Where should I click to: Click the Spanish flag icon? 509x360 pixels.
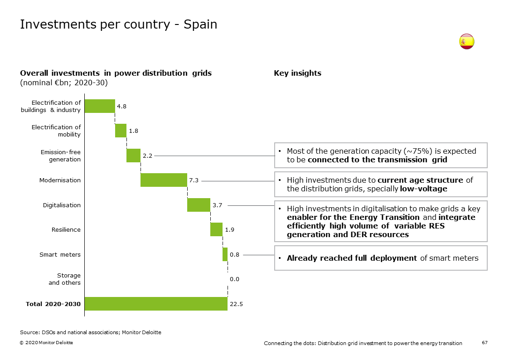(466, 42)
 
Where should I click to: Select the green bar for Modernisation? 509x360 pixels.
(164, 180)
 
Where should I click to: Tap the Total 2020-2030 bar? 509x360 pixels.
(156, 304)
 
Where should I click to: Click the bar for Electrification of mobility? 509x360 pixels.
(121, 131)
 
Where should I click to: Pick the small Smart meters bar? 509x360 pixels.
(225, 254)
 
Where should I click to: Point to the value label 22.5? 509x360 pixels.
(236, 304)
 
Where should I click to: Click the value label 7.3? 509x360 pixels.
(194, 180)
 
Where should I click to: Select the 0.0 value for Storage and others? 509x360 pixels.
(234, 279)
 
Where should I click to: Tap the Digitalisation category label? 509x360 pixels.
(62, 205)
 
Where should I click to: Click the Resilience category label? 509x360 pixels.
(66, 229)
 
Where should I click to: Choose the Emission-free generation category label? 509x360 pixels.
(60, 156)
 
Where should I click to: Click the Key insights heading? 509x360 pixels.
(297, 73)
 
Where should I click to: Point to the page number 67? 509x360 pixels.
(485, 343)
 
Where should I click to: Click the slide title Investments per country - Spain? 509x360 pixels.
(118, 24)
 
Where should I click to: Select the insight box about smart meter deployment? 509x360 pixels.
(380, 258)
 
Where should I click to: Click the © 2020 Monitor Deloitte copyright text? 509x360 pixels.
(46, 343)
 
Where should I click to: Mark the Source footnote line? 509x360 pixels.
(90, 332)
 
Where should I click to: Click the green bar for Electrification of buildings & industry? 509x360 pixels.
(100, 106)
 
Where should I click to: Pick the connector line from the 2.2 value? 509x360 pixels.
(213, 156)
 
